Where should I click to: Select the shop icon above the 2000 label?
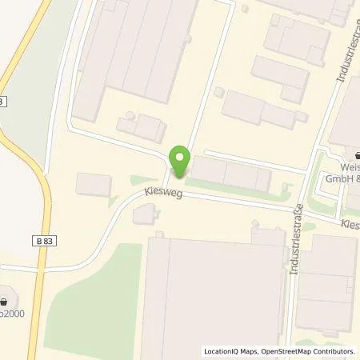coord(6,302)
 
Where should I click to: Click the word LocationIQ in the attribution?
coord(222,350)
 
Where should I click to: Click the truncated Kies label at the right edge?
coord(350,226)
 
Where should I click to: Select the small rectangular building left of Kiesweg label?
coord(94,184)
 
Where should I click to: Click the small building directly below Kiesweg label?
coord(144,214)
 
